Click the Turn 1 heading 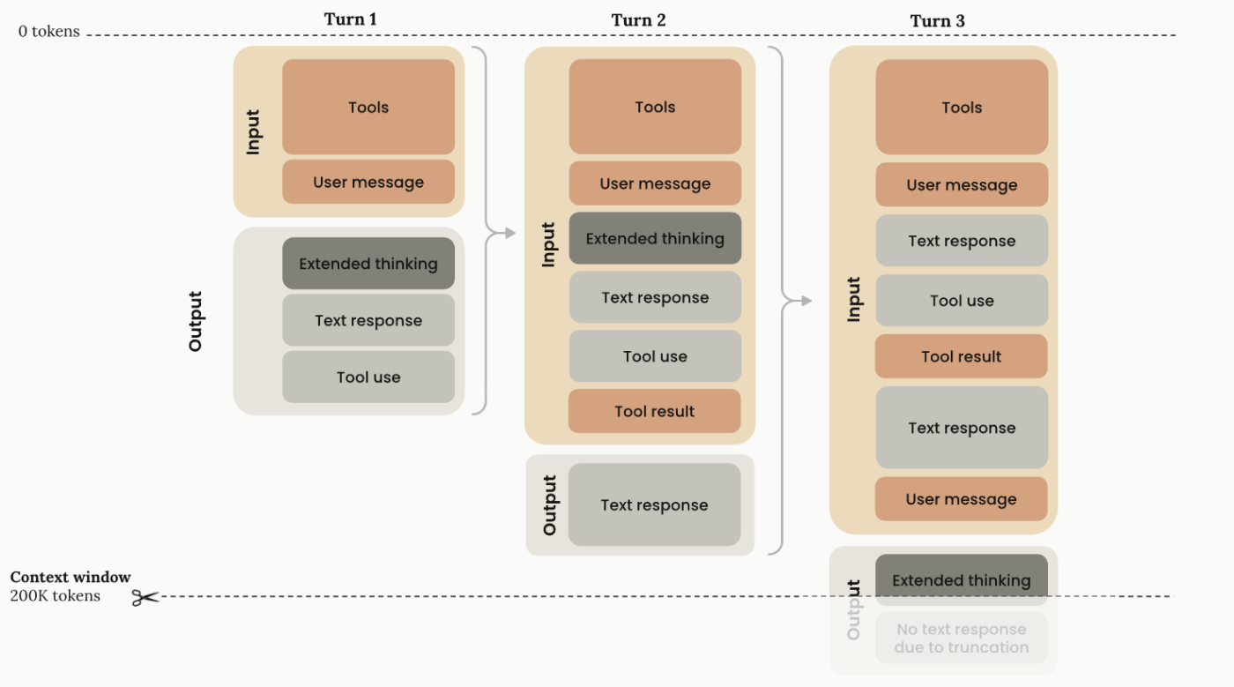pyautogui.click(x=351, y=19)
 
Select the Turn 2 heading pyautogui.click(x=638, y=20)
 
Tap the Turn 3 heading pyautogui.click(x=937, y=21)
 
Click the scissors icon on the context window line pyautogui.click(x=145, y=598)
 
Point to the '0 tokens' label pyautogui.click(x=49, y=32)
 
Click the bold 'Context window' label pyautogui.click(x=71, y=577)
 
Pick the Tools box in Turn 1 pyautogui.click(x=368, y=107)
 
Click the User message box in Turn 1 pyautogui.click(x=368, y=182)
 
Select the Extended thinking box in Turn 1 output pyautogui.click(x=368, y=264)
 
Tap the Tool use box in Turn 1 pyautogui.click(x=368, y=377)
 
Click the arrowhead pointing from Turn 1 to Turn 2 pyautogui.click(x=510, y=233)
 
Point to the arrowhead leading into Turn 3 pyautogui.click(x=807, y=301)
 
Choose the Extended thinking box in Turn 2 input pyautogui.click(x=655, y=238)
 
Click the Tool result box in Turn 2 pyautogui.click(x=654, y=411)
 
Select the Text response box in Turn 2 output pyautogui.click(x=654, y=504)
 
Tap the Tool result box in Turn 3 pyautogui.click(x=962, y=356)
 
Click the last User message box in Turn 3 pyautogui.click(x=962, y=499)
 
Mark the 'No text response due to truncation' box pyautogui.click(x=962, y=638)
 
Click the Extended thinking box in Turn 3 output pyautogui.click(x=962, y=580)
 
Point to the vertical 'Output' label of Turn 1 pyautogui.click(x=196, y=321)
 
